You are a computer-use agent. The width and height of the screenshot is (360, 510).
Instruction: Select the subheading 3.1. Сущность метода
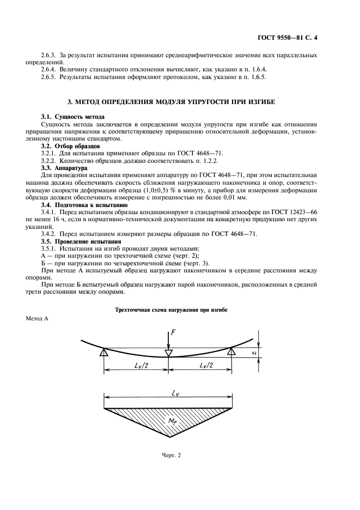click(x=73, y=117)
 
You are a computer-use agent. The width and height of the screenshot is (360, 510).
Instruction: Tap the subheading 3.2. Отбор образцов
click(x=70, y=147)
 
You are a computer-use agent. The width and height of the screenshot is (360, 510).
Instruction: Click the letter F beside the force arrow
click(x=173, y=332)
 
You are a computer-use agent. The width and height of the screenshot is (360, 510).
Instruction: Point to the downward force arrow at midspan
click(x=168, y=342)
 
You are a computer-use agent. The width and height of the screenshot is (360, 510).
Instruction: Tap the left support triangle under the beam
click(x=103, y=354)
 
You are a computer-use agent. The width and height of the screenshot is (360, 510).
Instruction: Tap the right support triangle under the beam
click(x=231, y=354)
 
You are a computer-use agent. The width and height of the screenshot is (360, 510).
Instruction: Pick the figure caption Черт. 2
click(x=171, y=456)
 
